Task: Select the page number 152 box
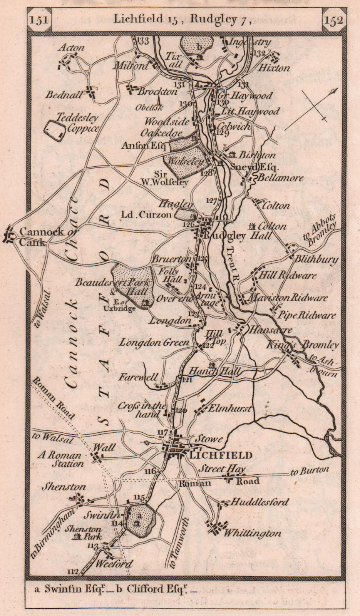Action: click(333, 20)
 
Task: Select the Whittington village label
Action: click(252, 533)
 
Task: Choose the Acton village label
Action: click(71, 48)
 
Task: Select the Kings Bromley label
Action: click(302, 345)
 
